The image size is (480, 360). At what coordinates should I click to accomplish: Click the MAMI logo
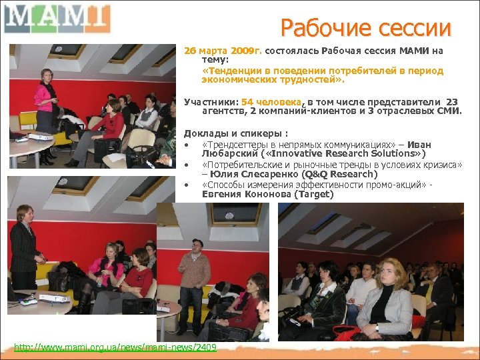(56, 18)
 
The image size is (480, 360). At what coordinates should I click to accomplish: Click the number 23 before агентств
(451, 102)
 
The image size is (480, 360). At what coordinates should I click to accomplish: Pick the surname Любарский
(227, 154)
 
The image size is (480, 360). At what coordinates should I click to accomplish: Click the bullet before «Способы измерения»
(189, 185)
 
